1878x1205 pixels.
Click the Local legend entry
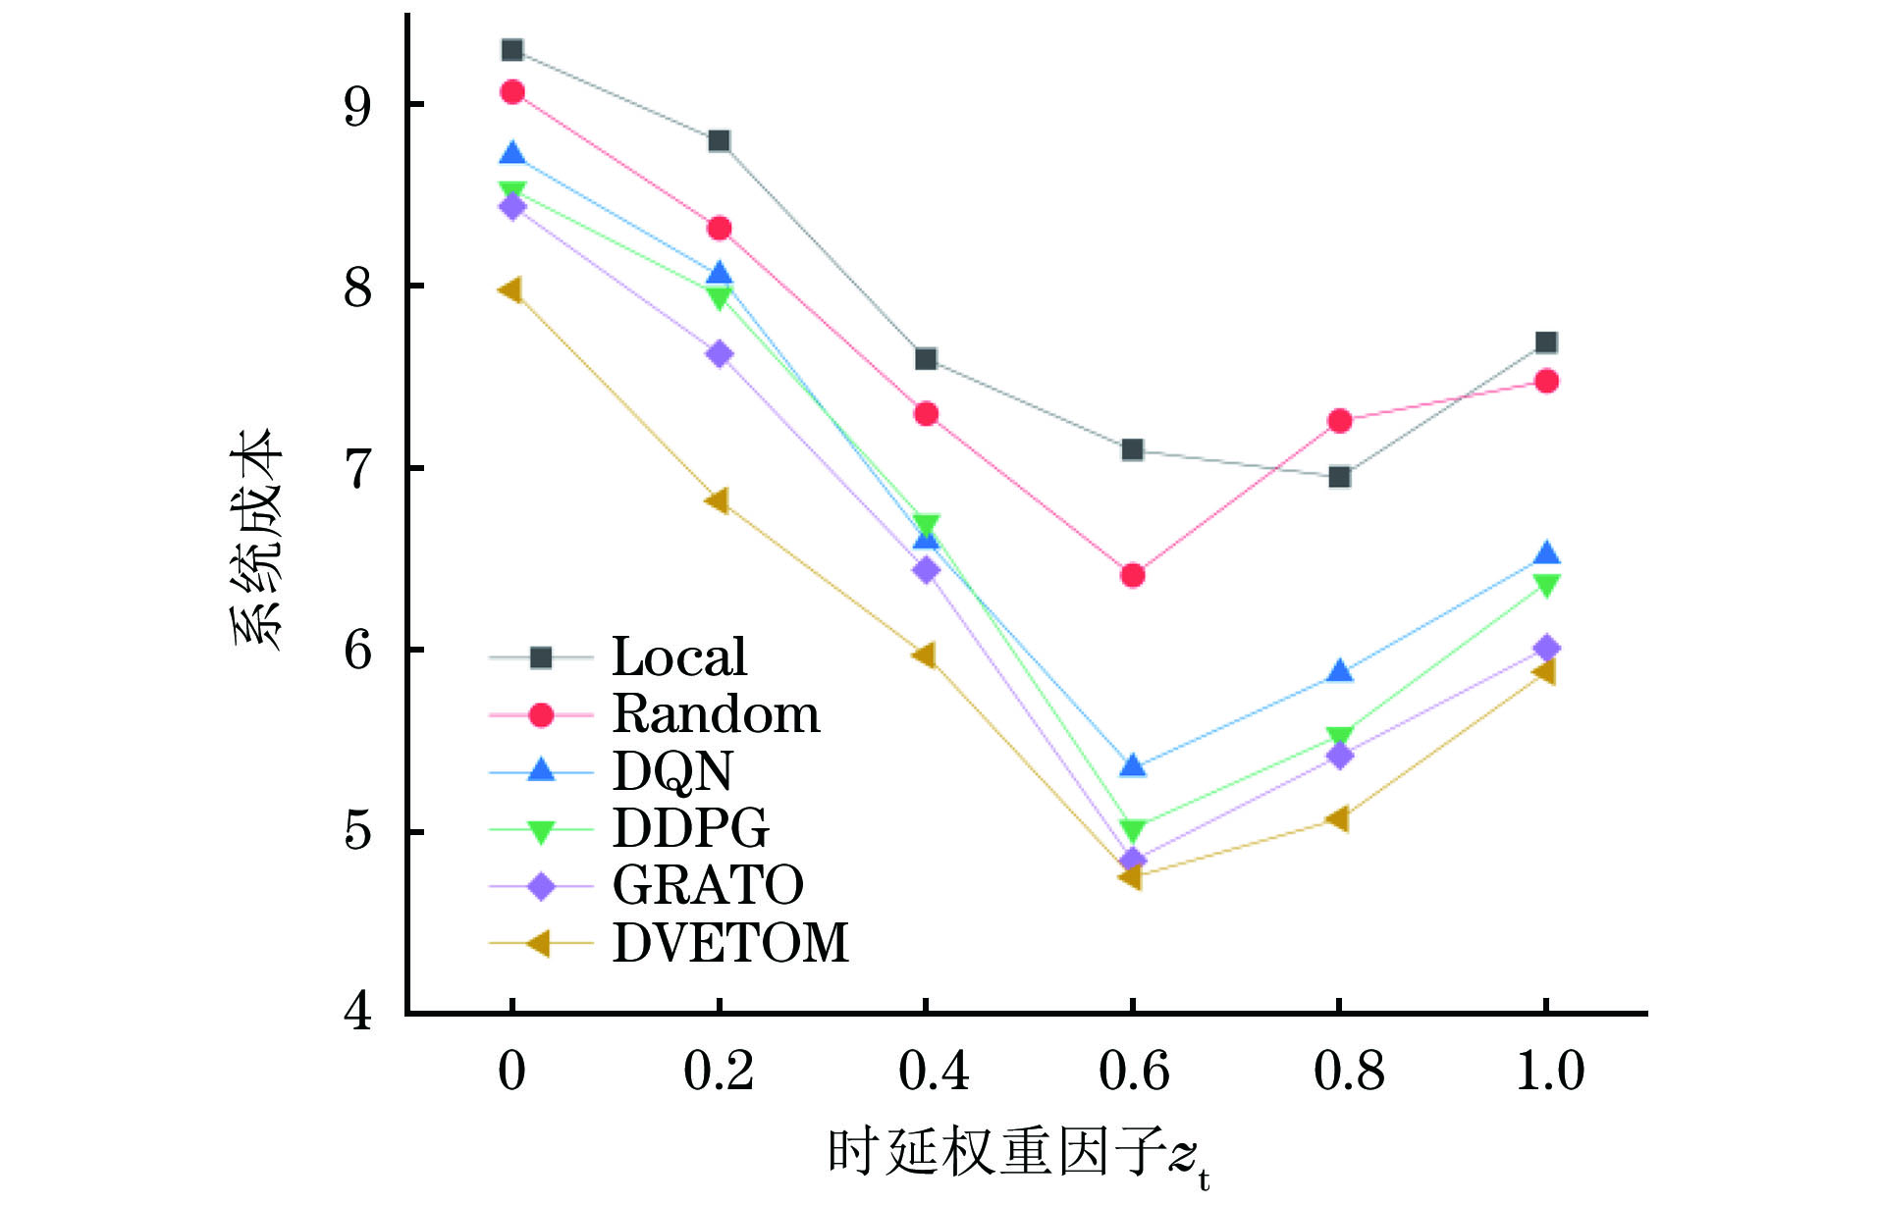point(678,656)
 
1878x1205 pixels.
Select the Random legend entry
point(716,713)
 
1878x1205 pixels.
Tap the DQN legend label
point(672,771)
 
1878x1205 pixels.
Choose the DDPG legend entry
point(690,828)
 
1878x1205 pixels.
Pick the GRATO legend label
point(707,885)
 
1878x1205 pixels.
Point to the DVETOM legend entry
point(729,943)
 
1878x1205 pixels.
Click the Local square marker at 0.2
point(719,141)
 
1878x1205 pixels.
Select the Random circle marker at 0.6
point(1132,575)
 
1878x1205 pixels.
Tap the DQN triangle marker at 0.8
point(1339,672)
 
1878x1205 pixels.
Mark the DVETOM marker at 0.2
point(718,501)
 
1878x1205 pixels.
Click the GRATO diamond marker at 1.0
point(1546,648)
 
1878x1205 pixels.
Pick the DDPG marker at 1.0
point(1546,586)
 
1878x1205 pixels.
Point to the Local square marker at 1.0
point(1546,342)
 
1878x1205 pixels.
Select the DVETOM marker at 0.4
point(925,655)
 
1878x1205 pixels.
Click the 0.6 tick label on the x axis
point(1133,1072)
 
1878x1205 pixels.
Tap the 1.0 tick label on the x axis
point(1549,1072)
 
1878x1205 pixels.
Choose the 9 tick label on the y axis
point(357,106)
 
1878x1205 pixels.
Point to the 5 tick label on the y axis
point(357,832)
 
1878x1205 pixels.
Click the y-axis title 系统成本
point(257,540)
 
